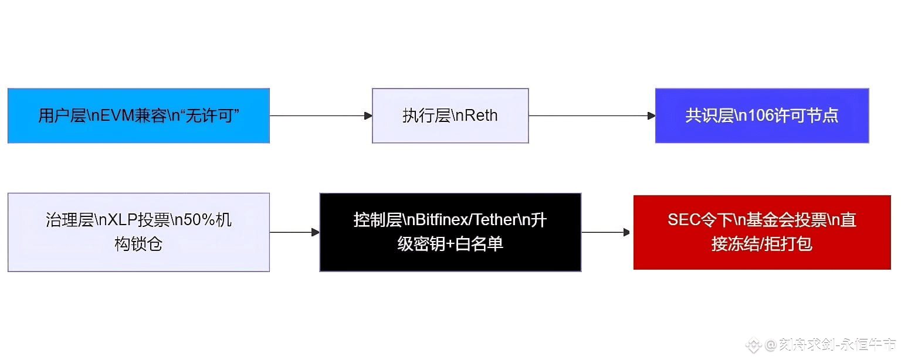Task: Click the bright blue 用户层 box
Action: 138,116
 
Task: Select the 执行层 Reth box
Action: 450,116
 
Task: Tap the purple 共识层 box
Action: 761,116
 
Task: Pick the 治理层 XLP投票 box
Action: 138,232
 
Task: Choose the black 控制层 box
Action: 450,232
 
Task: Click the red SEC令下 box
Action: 761,232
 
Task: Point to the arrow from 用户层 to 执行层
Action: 320,116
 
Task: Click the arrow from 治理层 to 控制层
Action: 294,233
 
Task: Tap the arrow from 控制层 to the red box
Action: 607,233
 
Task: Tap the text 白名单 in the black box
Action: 479,244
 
